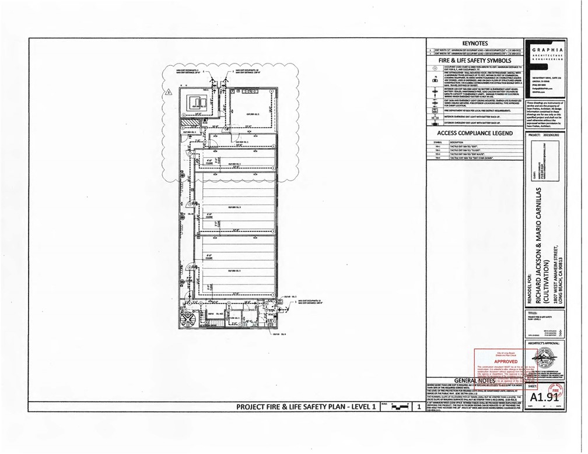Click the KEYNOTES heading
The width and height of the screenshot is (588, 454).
[475, 43]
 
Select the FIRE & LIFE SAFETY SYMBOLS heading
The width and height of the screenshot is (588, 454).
[475, 60]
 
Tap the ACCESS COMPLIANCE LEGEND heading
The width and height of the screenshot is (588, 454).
[475, 133]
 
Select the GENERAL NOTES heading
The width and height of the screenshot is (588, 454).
[475, 380]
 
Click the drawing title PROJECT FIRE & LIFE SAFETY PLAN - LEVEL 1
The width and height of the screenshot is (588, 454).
[305, 407]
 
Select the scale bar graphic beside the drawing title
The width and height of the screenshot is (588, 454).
[396, 408]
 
